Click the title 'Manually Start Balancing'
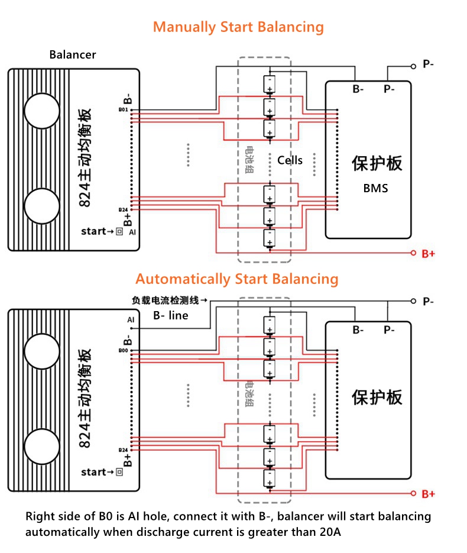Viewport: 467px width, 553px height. pos(238,27)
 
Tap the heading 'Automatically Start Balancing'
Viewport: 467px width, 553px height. pos(236,279)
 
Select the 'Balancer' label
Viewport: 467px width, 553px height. pos(73,55)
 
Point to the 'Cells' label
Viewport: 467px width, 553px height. pos(290,160)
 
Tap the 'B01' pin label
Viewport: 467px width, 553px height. pos(123,110)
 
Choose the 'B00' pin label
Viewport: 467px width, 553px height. pos(123,351)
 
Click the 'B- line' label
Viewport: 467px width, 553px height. pos(170,316)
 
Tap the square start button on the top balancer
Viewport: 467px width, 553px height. pos(119,231)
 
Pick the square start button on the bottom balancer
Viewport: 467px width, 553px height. pos(119,472)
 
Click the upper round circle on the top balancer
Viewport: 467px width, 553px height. pos(42,110)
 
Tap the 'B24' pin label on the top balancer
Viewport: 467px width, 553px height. pos(123,210)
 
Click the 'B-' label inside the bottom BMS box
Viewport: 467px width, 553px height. pos(358,329)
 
